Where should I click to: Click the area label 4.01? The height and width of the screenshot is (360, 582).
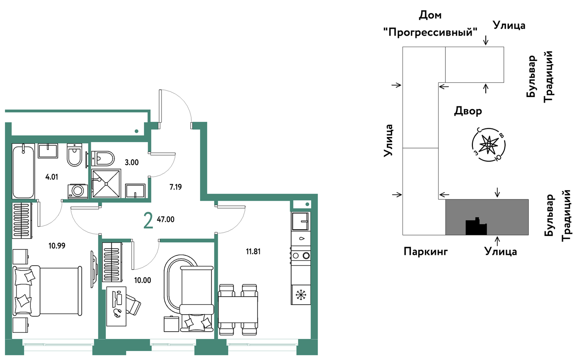[x=52, y=177]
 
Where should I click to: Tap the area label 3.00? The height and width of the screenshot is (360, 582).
[x=131, y=162]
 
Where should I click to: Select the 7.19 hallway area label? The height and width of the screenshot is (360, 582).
[x=176, y=187]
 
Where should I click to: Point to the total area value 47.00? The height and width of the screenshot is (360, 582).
[x=166, y=219]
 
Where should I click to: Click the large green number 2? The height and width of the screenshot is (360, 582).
[x=148, y=221]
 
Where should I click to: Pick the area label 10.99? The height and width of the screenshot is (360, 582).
[x=57, y=246]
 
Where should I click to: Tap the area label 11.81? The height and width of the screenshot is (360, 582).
[x=253, y=252]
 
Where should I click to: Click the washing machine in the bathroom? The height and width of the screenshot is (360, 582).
[x=78, y=191]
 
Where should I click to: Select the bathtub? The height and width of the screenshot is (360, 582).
[x=23, y=171]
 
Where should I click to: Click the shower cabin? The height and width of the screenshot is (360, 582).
[x=106, y=184]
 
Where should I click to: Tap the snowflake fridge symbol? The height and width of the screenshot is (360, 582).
[x=301, y=295]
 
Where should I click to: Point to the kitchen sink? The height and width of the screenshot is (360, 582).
[x=301, y=221]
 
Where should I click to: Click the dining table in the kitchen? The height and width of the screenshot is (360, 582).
[x=238, y=309]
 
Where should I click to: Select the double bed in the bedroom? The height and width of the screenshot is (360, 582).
[x=47, y=291]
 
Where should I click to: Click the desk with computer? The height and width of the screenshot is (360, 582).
[x=116, y=306]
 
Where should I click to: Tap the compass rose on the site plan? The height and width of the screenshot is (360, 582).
[x=489, y=145]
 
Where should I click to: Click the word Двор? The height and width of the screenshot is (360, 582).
[x=468, y=111]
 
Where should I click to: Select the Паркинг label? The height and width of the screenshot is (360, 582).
[x=425, y=251]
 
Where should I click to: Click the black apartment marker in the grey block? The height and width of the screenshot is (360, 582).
[x=476, y=226]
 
